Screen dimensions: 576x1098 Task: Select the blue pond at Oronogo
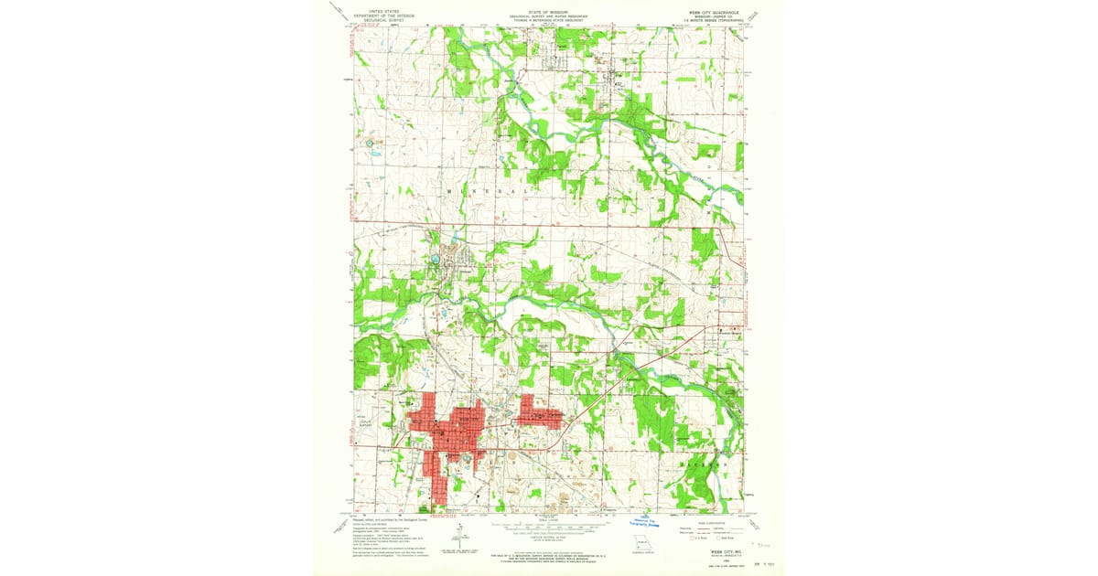436,260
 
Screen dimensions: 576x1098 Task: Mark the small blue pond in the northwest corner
370,144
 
